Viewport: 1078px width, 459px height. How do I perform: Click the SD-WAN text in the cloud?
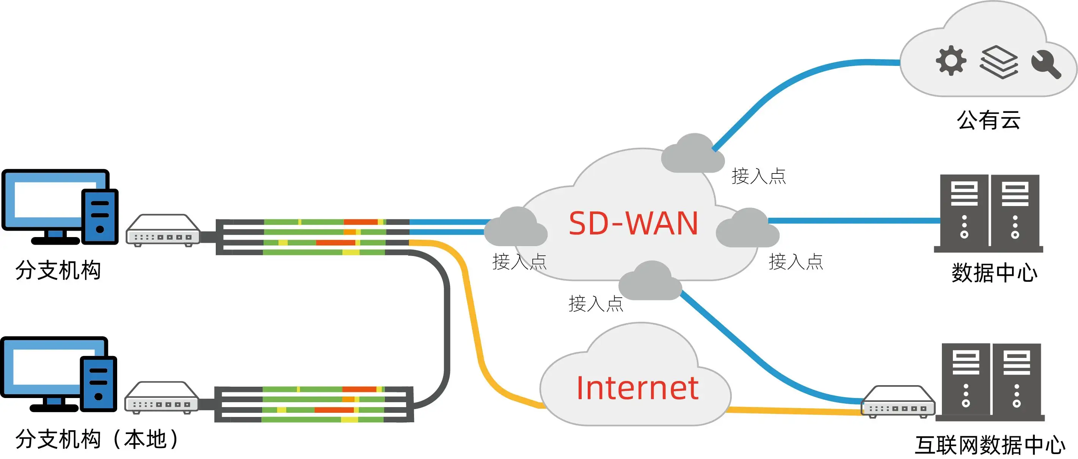click(x=633, y=224)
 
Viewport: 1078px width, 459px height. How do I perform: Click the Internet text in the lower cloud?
click(x=637, y=388)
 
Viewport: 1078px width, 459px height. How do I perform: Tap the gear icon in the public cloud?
click(x=951, y=61)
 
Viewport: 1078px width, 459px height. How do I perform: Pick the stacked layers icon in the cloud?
click(x=998, y=63)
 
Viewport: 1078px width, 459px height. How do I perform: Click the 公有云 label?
click(x=989, y=120)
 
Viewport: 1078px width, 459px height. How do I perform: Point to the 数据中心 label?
click(x=994, y=273)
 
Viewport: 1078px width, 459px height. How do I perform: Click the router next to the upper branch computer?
click(x=163, y=230)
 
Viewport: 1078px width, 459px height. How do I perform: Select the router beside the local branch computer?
click(x=161, y=398)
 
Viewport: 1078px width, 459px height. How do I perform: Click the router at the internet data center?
click(x=897, y=402)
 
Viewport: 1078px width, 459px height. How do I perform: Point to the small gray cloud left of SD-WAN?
click(x=516, y=228)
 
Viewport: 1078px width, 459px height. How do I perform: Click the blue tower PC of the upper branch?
click(x=100, y=217)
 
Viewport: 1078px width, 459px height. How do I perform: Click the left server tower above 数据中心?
click(x=964, y=211)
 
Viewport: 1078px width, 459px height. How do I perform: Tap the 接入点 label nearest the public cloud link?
click(x=758, y=176)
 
